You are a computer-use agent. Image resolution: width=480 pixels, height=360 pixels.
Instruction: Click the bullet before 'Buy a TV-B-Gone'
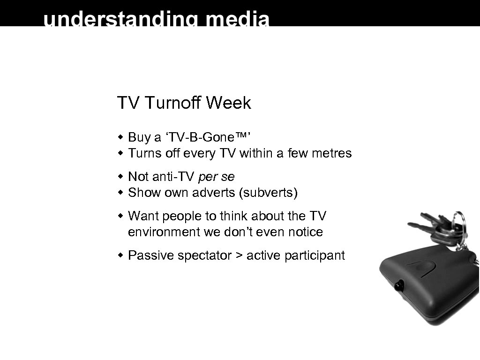coord(120,137)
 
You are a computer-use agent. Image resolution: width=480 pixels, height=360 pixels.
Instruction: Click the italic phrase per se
coord(217,177)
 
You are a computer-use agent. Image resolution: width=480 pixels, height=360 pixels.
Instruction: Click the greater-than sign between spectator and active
coord(239,256)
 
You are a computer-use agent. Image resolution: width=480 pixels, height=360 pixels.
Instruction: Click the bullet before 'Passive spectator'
coord(120,255)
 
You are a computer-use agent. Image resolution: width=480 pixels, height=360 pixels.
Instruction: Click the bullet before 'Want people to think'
coord(120,216)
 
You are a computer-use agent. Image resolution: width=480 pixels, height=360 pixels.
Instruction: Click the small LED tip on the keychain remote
coord(399,285)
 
